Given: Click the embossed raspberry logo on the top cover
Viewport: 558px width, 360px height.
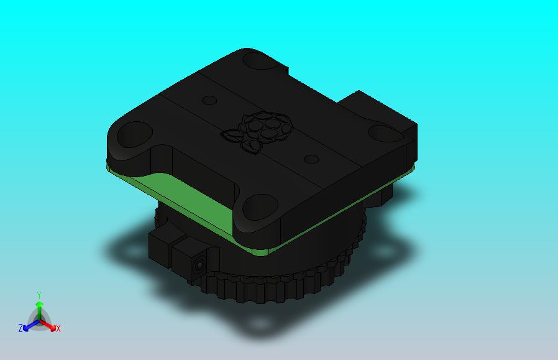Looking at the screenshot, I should (x=260, y=130).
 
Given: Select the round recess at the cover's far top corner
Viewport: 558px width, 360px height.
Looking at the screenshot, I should (x=254, y=60).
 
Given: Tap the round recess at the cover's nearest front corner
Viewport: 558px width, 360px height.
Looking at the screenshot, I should (x=258, y=205).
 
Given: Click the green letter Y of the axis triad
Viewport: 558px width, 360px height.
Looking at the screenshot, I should (x=39, y=295).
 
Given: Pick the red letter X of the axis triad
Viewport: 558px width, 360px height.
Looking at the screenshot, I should (x=58, y=328).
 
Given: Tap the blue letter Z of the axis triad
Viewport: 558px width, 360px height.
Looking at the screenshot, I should (x=21, y=328).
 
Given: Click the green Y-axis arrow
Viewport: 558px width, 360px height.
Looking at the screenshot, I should (x=39, y=308).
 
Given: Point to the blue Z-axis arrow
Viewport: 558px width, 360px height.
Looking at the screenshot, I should (x=29, y=324).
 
